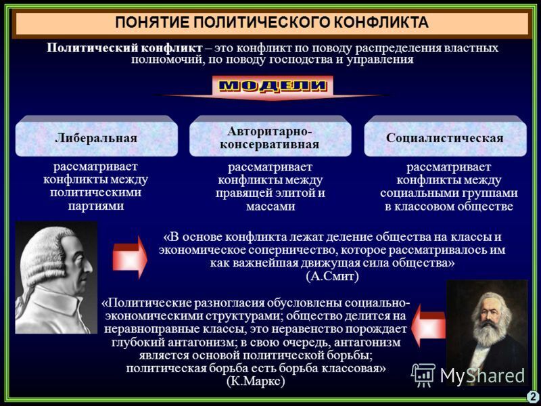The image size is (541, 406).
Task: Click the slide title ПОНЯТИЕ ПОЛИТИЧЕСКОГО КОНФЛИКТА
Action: [x=271, y=22]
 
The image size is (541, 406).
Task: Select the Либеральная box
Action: [x=96, y=137]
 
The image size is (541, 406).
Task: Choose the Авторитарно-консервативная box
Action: [x=270, y=137]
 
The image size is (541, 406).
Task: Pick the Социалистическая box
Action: [x=444, y=137]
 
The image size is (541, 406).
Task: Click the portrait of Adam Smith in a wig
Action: [x=56, y=277]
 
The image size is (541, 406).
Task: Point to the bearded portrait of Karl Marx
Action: [x=486, y=332]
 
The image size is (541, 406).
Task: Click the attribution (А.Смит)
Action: [x=332, y=276]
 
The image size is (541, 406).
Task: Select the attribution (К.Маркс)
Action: [x=256, y=381]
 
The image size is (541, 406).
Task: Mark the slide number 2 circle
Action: [x=533, y=397]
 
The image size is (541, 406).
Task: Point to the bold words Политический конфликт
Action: [x=124, y=48]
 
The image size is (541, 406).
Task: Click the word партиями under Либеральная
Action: [x=96, y=206]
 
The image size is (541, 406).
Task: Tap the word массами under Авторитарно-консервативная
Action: [x=270, y=206]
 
